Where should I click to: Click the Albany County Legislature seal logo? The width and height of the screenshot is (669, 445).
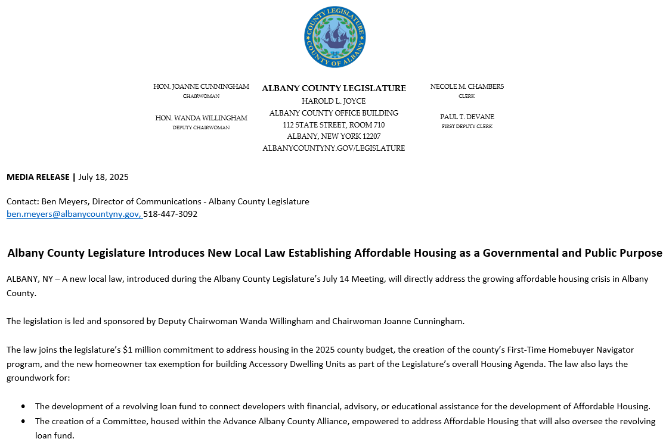coord(335,37)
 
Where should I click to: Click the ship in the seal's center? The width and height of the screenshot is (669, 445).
coord(335,36)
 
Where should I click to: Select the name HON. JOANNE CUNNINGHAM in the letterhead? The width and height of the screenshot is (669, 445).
coord(201,86)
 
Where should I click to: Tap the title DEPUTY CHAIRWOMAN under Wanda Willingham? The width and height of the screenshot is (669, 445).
coord(201,127)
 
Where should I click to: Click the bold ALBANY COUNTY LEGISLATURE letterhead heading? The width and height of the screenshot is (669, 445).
coord(334,88)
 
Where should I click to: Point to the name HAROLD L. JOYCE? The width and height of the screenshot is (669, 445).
coord(334,101)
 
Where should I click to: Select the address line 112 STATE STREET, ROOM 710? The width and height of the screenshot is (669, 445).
coord(334,125)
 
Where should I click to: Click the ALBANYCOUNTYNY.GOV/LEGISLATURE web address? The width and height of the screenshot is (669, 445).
coord(334,148)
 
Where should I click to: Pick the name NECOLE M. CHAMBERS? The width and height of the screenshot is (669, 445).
coord(467,86)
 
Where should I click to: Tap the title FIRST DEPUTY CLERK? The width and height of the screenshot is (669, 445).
coord(467,126)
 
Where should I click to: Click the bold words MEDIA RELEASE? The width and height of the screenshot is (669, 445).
coord(38,177)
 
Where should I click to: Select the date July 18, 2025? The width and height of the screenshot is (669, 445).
coord(103,177)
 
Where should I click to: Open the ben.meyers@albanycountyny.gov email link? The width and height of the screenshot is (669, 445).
coord(74,214)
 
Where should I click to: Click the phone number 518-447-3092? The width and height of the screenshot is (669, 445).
coord(171,214)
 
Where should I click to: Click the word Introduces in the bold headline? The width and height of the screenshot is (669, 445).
coord(176,253)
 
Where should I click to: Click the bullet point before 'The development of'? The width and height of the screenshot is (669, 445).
coord(23,407)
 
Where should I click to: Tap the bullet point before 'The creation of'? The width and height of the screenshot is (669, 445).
coord(23,421)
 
